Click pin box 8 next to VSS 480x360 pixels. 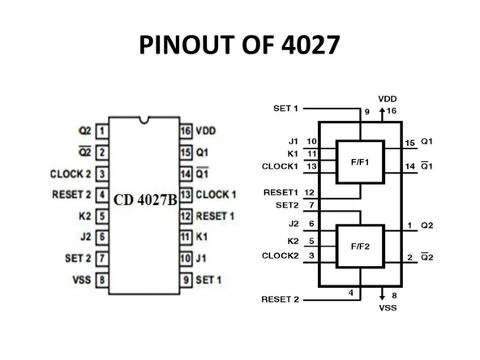(x=103, y=281)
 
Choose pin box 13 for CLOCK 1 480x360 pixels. (x=186, y=195)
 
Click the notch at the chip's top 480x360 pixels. (x=144, y=122)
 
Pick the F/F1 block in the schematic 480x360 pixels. (x=360, y=161)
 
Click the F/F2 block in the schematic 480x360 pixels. (x=360, y=246)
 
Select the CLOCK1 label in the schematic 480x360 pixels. (x=279, y=166)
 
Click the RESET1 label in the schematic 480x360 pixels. (x=281, y=193)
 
